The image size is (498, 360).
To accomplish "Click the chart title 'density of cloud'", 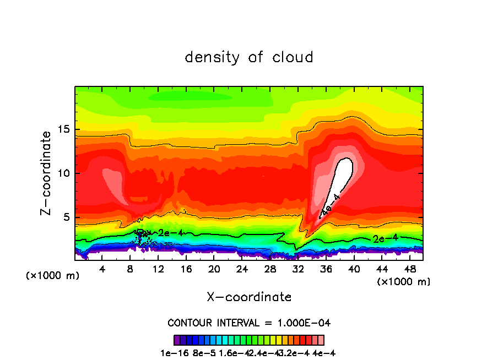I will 249,57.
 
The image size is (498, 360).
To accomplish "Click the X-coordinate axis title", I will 249,297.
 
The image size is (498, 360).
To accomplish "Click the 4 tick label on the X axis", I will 102,269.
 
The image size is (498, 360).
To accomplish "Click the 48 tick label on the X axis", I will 409,269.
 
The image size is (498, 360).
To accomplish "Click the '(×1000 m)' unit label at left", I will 53,276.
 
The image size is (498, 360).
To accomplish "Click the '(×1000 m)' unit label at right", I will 404,282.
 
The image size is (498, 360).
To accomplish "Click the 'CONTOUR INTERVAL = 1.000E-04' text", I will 249,323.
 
